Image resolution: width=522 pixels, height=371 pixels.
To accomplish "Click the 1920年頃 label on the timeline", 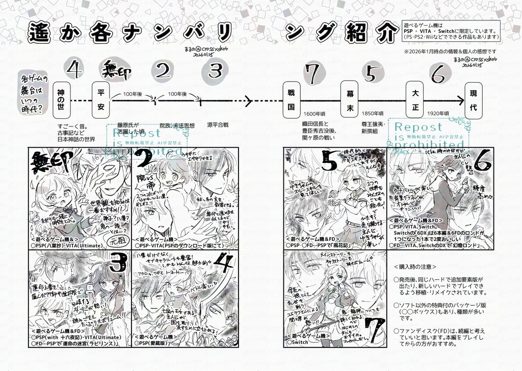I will tap(437, 114).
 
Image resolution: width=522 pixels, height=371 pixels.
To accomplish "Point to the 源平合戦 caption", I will tap(218, 124).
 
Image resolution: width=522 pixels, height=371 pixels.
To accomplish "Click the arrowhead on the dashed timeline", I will tap(248, 99).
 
